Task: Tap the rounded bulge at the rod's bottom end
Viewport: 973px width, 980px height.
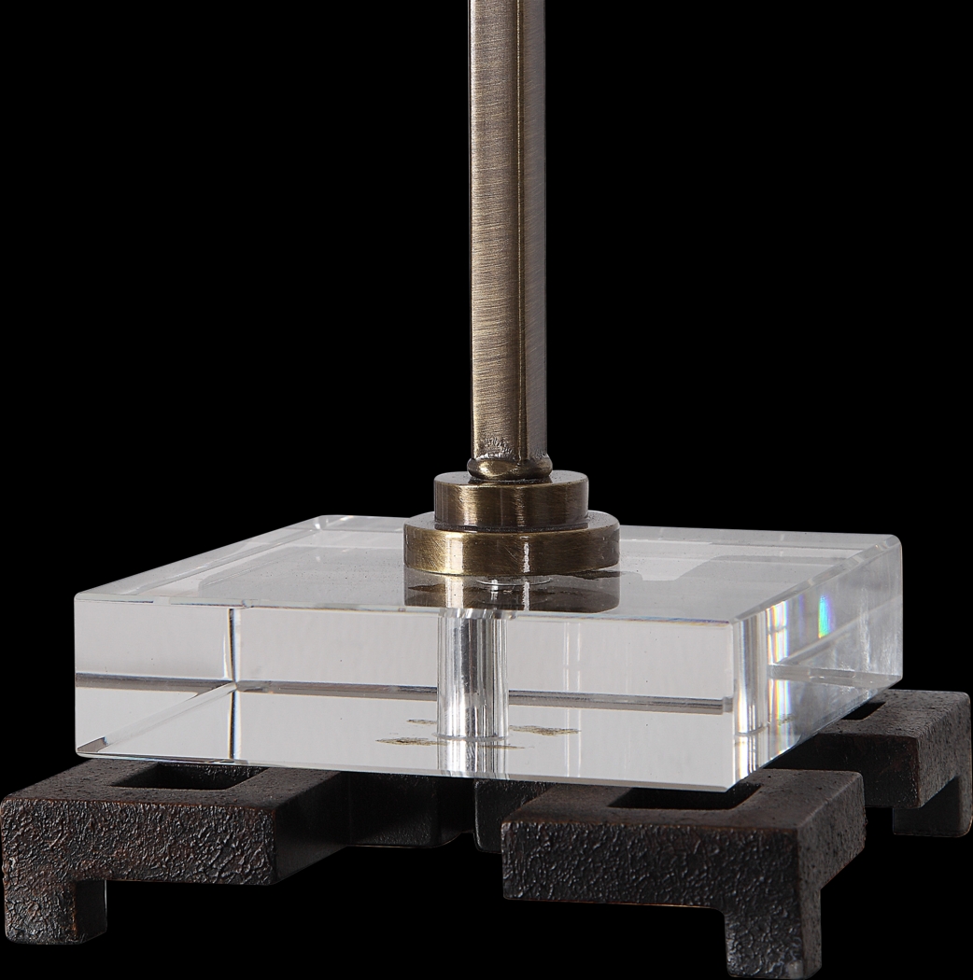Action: point(510,463)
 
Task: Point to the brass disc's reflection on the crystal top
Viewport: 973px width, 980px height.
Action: point(512,590)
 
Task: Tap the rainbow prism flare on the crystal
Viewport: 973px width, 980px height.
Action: point(824,611)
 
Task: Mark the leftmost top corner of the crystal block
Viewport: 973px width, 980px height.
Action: point(77,598)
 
